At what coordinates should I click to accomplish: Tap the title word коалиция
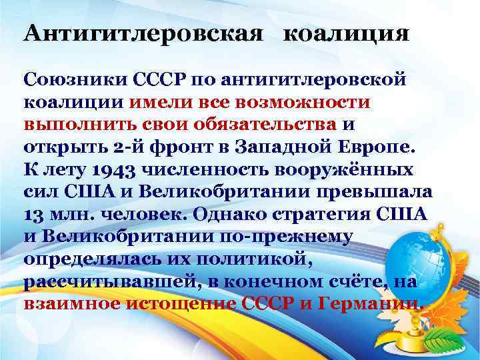[x=346, y=33]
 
